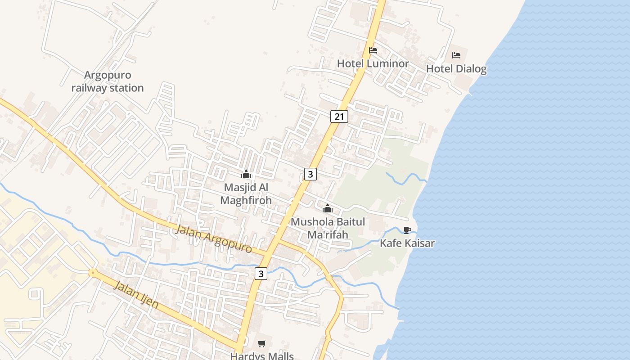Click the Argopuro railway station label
tap(108, 81)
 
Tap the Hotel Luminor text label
tap(373, 63)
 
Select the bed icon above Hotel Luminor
tap(373, 50)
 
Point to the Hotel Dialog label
tap(456, 69)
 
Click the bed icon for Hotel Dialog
tap(456, 55)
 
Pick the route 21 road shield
tap(339, 117)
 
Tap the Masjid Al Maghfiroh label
tap(246, 193)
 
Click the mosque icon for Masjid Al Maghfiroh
tap(246, 174)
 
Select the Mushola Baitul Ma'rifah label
tap(328, 228)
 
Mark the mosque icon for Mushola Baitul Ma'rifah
tap(327, 208)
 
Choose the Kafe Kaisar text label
tap(407, 243)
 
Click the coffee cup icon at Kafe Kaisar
tap(407, 230)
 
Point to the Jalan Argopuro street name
tap(213, 238)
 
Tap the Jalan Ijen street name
tap(136, 294)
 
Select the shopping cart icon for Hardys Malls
tap(262, 343)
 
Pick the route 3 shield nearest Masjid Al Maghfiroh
tap(310, 174)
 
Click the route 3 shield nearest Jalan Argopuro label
tap(261, 273)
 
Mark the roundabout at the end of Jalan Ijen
tap(92, 272)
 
